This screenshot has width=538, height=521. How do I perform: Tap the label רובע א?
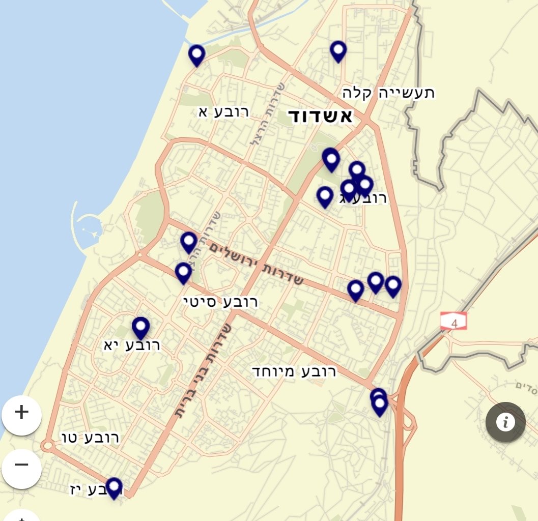(x=224, y=112)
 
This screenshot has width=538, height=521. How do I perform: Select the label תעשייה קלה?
(x=388, y=93)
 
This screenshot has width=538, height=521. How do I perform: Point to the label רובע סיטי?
(x=220, y=302)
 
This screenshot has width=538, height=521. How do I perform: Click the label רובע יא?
(x=132, y=345)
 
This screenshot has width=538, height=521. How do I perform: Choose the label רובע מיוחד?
(x=294, y=371)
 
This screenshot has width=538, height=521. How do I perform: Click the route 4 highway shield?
(x=454, y=321)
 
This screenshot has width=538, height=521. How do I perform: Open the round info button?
(x=505, y=422)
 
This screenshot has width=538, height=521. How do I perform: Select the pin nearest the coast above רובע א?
(x=196, y=54)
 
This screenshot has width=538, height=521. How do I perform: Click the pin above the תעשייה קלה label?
(x=338, y=51)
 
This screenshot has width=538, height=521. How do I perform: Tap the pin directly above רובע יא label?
(x=140, y=327)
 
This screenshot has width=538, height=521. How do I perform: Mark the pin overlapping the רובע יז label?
(x=114, y=487)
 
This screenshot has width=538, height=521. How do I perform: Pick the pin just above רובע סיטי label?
(x=183, y=273)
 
